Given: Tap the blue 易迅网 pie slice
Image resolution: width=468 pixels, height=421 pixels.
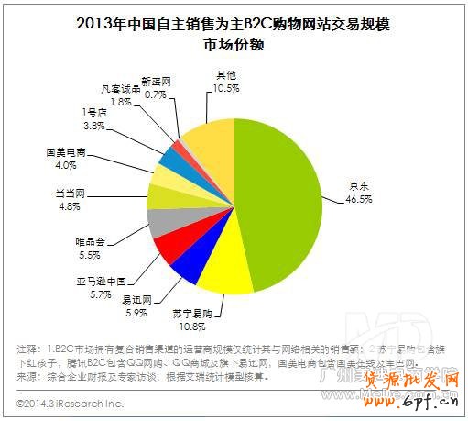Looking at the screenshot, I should (x=187, y=263).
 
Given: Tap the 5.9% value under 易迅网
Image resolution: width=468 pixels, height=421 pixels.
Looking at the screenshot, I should (x=135, y=311).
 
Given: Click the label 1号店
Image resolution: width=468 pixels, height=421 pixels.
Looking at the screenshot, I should (x=95, y=112).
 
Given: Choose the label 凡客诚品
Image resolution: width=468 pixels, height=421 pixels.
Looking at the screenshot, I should (x=121, y=88).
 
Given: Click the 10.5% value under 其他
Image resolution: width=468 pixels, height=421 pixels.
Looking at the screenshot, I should (x=225, y=86).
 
